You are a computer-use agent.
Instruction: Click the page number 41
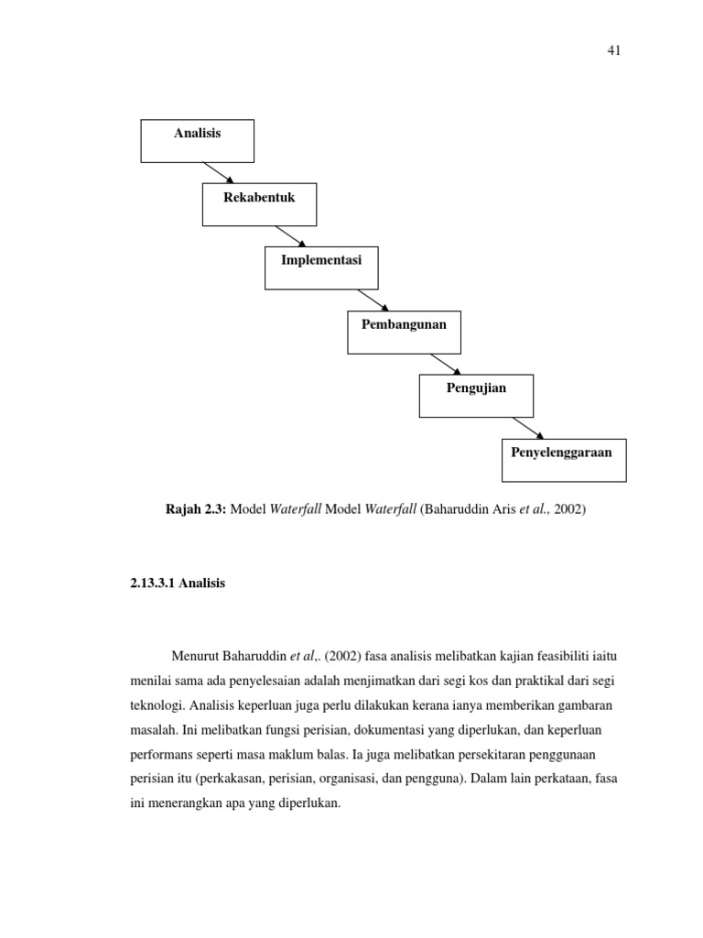tap(613, 51)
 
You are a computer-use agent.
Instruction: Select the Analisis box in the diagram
tap(197, 141)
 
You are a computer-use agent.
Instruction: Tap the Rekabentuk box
tap(259, 204)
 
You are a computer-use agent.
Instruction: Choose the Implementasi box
tap(321, 267)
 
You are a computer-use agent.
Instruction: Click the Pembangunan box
tap(404, 332)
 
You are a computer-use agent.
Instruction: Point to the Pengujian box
tap(476, 396)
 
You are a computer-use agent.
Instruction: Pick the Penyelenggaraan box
tap(564, 460)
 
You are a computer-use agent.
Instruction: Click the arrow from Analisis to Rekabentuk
tap(219, 173)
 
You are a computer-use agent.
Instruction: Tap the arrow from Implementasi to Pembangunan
tap(373, 300)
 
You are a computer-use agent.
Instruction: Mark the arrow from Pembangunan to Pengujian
tap(444, 364)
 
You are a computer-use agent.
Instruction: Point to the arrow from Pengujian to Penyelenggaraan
tap(528, 428)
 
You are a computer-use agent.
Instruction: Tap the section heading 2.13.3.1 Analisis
tap(178, 584)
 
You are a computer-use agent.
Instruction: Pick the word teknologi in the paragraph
tap(157, 707)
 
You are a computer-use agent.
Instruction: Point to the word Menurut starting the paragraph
tap(195, 657)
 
